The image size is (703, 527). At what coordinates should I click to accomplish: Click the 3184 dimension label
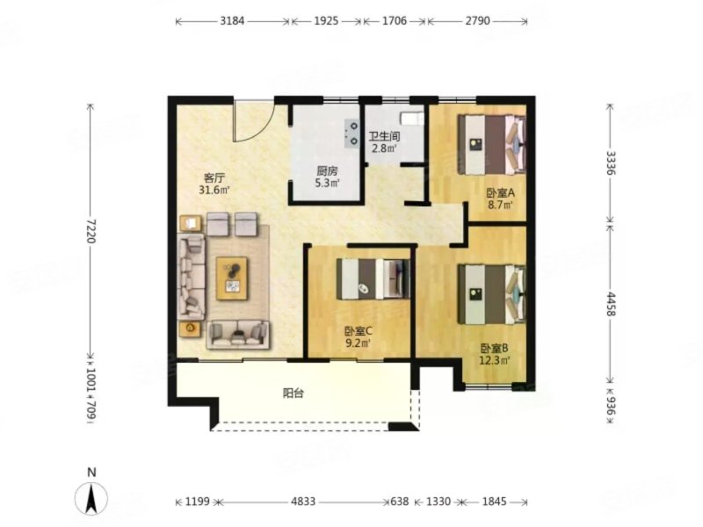coord(232,21)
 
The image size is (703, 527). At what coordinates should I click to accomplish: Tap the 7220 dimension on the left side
coord(91,230)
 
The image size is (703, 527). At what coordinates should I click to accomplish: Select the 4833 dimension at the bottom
coord(303,502)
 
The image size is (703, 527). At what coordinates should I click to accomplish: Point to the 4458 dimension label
coord(611,303)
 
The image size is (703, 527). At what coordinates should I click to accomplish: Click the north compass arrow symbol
coord(91,499)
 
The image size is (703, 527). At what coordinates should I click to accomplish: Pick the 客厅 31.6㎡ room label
coord(214,184)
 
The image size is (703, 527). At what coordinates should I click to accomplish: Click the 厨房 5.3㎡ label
coord(327,177)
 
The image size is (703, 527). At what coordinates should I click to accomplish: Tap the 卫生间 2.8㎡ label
coord(384,142)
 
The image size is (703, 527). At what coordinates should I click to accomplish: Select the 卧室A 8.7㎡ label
coord(500,199)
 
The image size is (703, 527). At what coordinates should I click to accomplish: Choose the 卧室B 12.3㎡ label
coord(495,354)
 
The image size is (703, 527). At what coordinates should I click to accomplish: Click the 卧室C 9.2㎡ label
coord(358,337)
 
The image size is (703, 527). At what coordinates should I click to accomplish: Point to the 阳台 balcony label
coord(294,393)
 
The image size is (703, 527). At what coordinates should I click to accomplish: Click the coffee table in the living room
coord(232,278)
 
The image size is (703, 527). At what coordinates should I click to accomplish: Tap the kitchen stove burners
coord(352,134)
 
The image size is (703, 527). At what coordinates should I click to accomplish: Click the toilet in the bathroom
coord(412,119)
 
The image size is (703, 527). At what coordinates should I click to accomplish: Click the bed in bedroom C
coord(373,278)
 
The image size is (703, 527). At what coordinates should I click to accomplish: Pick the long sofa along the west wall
coord(192,277)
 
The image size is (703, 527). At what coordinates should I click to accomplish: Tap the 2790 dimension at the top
coord(477,21)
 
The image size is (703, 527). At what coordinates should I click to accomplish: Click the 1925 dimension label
coord(326,21)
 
